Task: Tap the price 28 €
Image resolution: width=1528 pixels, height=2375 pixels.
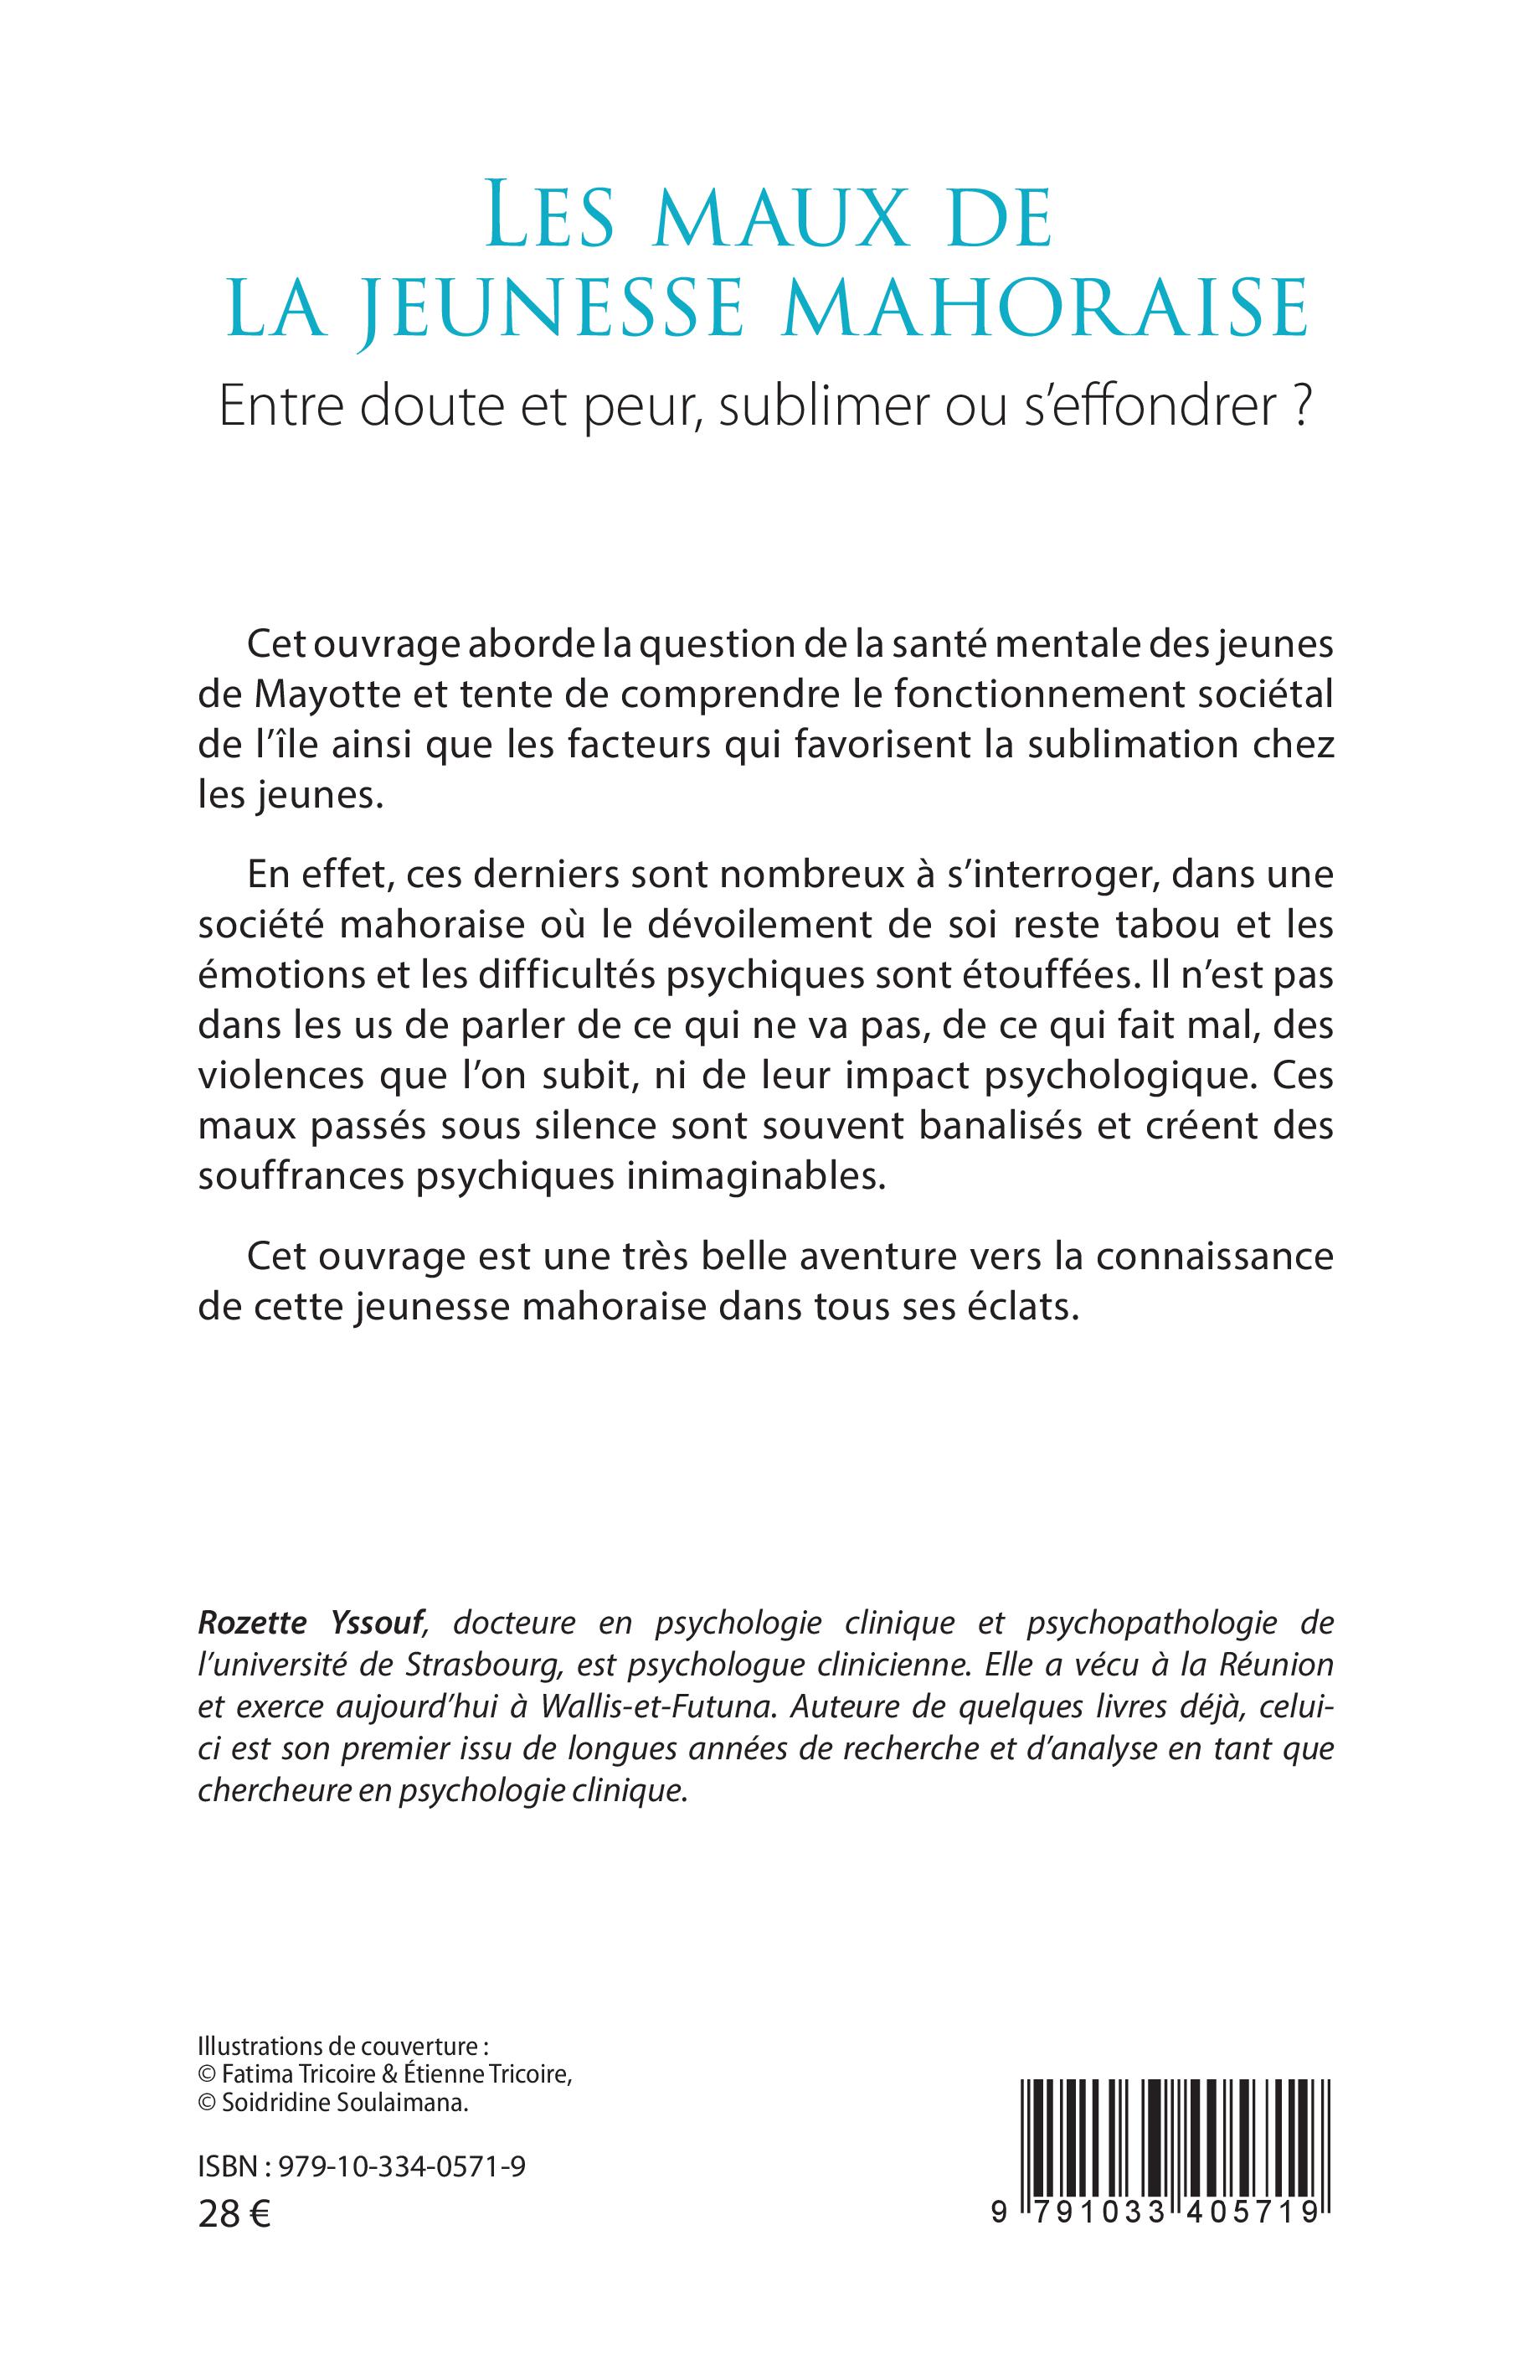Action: (x=234, y=2236)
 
